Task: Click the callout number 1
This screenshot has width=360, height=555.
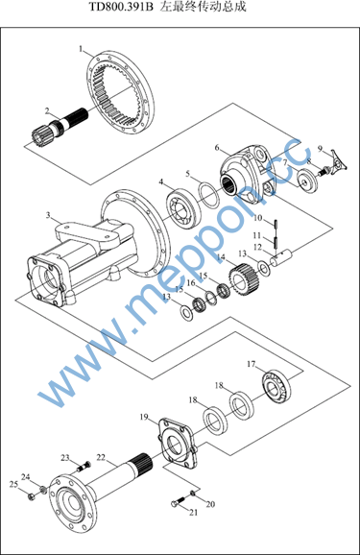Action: pyautogui.click(x=81, y=49)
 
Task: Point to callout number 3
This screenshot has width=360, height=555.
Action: pyautogui.click(x=48, y=215)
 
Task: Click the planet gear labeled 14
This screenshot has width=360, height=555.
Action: pyautogui.click(x=244, y=278)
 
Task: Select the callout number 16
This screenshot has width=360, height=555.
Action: pyautogui.click(x=191, y=283)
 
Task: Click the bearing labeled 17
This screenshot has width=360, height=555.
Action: pyautogui.click(x=276, y=386)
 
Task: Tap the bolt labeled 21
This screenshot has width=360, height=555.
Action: pyautogui.click(x=178, y=501)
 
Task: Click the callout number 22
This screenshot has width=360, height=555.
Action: pyautogui.click(x=101, y=457)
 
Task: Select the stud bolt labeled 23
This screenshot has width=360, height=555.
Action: pyautogui.click(x=84, y=467)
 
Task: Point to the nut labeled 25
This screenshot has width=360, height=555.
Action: pyautogui.click(x=31, y=497)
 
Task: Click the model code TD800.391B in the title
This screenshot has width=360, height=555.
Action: pyautogui.click(x=121, y=7)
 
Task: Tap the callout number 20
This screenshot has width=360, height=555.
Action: pyautogui.click(x=210, y=504)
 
